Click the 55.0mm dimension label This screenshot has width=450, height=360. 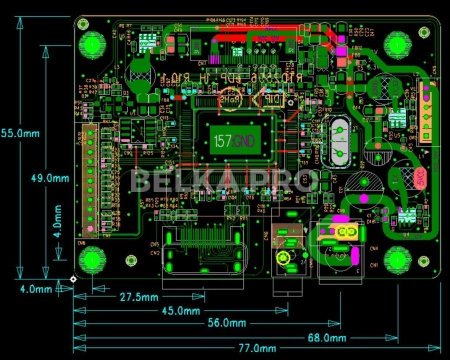(x=20, y=133)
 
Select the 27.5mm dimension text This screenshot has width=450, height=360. (x=139, y=297)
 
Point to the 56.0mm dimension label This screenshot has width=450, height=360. (x=227, y=323)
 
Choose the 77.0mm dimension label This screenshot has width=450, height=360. (x=254, y=348)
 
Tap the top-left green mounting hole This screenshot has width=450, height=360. (x=94, y=44)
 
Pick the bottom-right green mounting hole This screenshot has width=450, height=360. (x=398, y=261)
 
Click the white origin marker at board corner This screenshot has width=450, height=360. (x=74, y=279)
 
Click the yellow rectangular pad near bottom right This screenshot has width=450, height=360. (x=346, y=232)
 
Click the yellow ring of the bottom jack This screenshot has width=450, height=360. (x=284, y=259)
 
